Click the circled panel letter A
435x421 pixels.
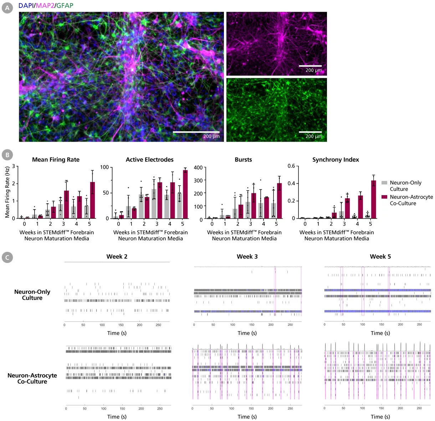click(7, 8)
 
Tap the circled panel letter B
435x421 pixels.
click(7, 155)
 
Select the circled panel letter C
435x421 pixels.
click(7, 258)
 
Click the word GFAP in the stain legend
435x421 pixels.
click(65, 5)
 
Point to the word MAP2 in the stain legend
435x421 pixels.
click(45, 5)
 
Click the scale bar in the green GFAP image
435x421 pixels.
click(310, 132)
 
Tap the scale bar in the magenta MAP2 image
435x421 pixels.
click(310, 66)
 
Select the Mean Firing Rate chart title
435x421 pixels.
click(56, 159)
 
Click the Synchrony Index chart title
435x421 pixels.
click(336, 159)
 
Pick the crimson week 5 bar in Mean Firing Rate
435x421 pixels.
click(92, 200)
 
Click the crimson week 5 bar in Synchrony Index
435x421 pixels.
click(374, 199)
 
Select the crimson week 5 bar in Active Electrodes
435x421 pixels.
click(185, 194)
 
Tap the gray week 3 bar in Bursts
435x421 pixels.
click(248, 210)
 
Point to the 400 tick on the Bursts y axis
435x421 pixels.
click(198, 168)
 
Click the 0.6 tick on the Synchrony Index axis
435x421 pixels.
click(291, 166)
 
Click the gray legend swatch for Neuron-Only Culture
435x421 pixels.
click(384, 183)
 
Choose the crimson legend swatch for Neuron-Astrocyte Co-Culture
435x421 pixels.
click(384, 197)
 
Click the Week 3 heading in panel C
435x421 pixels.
click(247, 257)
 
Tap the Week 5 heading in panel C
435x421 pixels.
click(380, 257)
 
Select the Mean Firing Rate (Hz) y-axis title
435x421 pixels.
click(7, 192)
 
